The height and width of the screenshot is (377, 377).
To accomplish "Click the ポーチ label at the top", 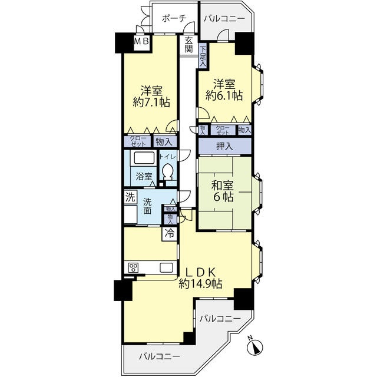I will [174, 18].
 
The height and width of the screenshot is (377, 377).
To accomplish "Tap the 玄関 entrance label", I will [188, 45].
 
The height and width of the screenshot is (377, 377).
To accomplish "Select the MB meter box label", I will [141, 42].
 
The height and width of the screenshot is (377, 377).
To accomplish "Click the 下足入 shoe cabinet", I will [202, 55].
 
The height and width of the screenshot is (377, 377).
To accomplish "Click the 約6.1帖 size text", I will [224, 95].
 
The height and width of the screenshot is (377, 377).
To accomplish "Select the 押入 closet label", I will [224, 145].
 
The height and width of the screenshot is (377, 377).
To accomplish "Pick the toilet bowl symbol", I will [168, 172].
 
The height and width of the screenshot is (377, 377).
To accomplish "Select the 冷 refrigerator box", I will [170, 233].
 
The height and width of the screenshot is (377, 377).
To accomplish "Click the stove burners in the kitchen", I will [133, 268].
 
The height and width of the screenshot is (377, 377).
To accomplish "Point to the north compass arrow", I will [256, 347].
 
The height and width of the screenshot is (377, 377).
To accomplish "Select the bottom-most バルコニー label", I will [159, 356].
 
